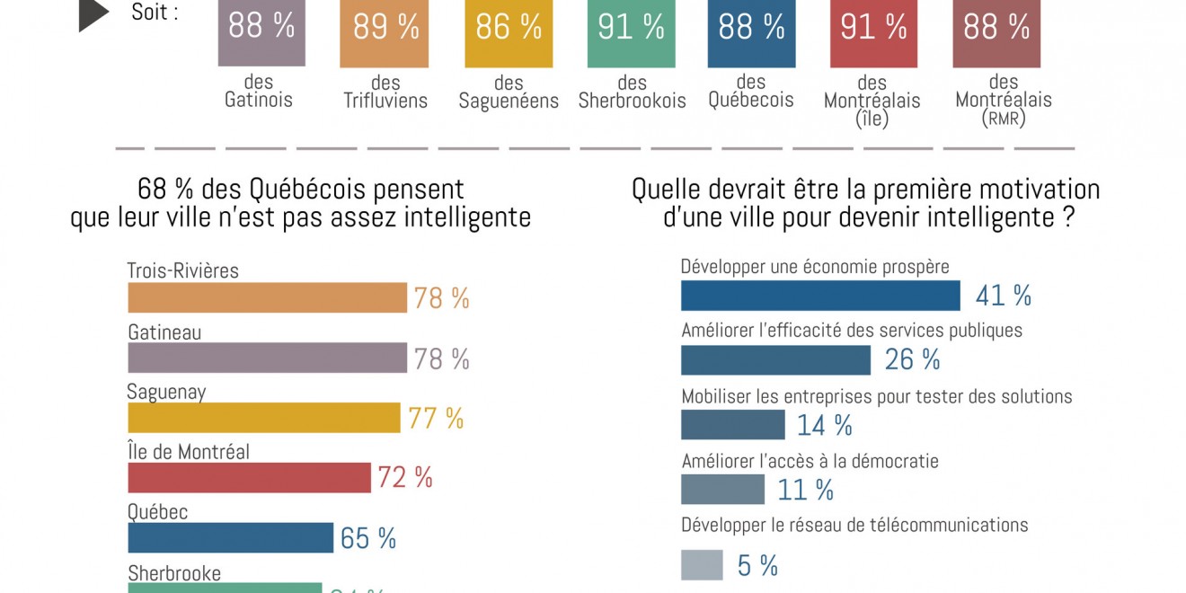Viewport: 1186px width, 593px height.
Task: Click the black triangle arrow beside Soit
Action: (x=93, y=15)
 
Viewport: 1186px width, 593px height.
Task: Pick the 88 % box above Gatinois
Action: (x=261, y=32)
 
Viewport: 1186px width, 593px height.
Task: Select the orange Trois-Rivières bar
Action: (x=267, y=298)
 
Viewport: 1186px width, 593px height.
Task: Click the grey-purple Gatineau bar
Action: (x=267, y=358)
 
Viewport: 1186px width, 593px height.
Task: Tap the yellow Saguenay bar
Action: (x=263, y=418)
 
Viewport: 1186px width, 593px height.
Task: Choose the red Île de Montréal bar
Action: (x=249, y=478)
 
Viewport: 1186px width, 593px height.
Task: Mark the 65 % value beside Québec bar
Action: (x=368, y=538)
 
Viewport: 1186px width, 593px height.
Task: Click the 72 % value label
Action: (x=405, y=478)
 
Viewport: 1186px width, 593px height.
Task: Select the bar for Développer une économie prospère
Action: (x=820, y=296)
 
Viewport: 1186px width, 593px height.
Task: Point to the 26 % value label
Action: (x=913, y=360)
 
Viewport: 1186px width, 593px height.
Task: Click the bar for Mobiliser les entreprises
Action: (x=732, y=424)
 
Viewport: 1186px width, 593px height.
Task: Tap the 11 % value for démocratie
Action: (x=806, y=490)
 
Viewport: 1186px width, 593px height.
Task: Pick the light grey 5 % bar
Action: (x=702, y=565)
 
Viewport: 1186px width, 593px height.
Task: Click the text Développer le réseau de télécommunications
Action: (x=854, y=525)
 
